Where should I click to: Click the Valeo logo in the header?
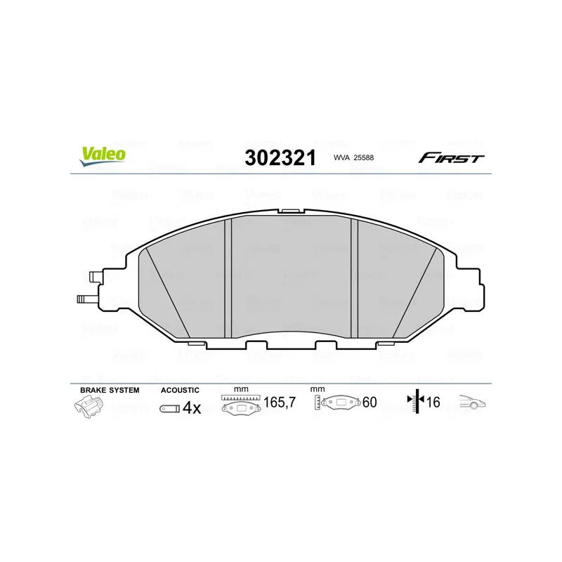(103, 156)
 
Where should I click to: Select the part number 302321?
(280, 157)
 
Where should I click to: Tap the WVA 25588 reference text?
(353, 157)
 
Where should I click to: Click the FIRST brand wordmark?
(451, 157)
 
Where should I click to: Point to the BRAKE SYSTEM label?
(110, 390)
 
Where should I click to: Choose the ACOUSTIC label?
(180, 390)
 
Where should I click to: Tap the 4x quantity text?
(192, 408)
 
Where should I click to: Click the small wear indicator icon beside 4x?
(169, 409)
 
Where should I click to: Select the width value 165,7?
(280, 402)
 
